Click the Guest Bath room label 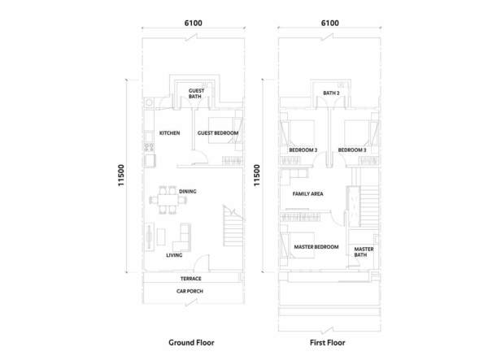point(196,93)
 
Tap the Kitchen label point(170,133)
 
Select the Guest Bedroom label point(218,133)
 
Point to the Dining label point(188,192)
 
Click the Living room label point(174,255)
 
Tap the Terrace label point(191,279)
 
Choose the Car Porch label point(190,291)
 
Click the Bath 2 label point(331,93)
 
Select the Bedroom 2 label point(303,150)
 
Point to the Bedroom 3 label point(352,150)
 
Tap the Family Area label point(307,194)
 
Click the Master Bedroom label point(316,247)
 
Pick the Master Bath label point(364,252)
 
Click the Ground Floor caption point(191,343)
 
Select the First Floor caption point(328,343)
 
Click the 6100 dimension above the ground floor point(194,23)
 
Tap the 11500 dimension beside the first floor point(257,176)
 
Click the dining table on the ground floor point(168,200)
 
